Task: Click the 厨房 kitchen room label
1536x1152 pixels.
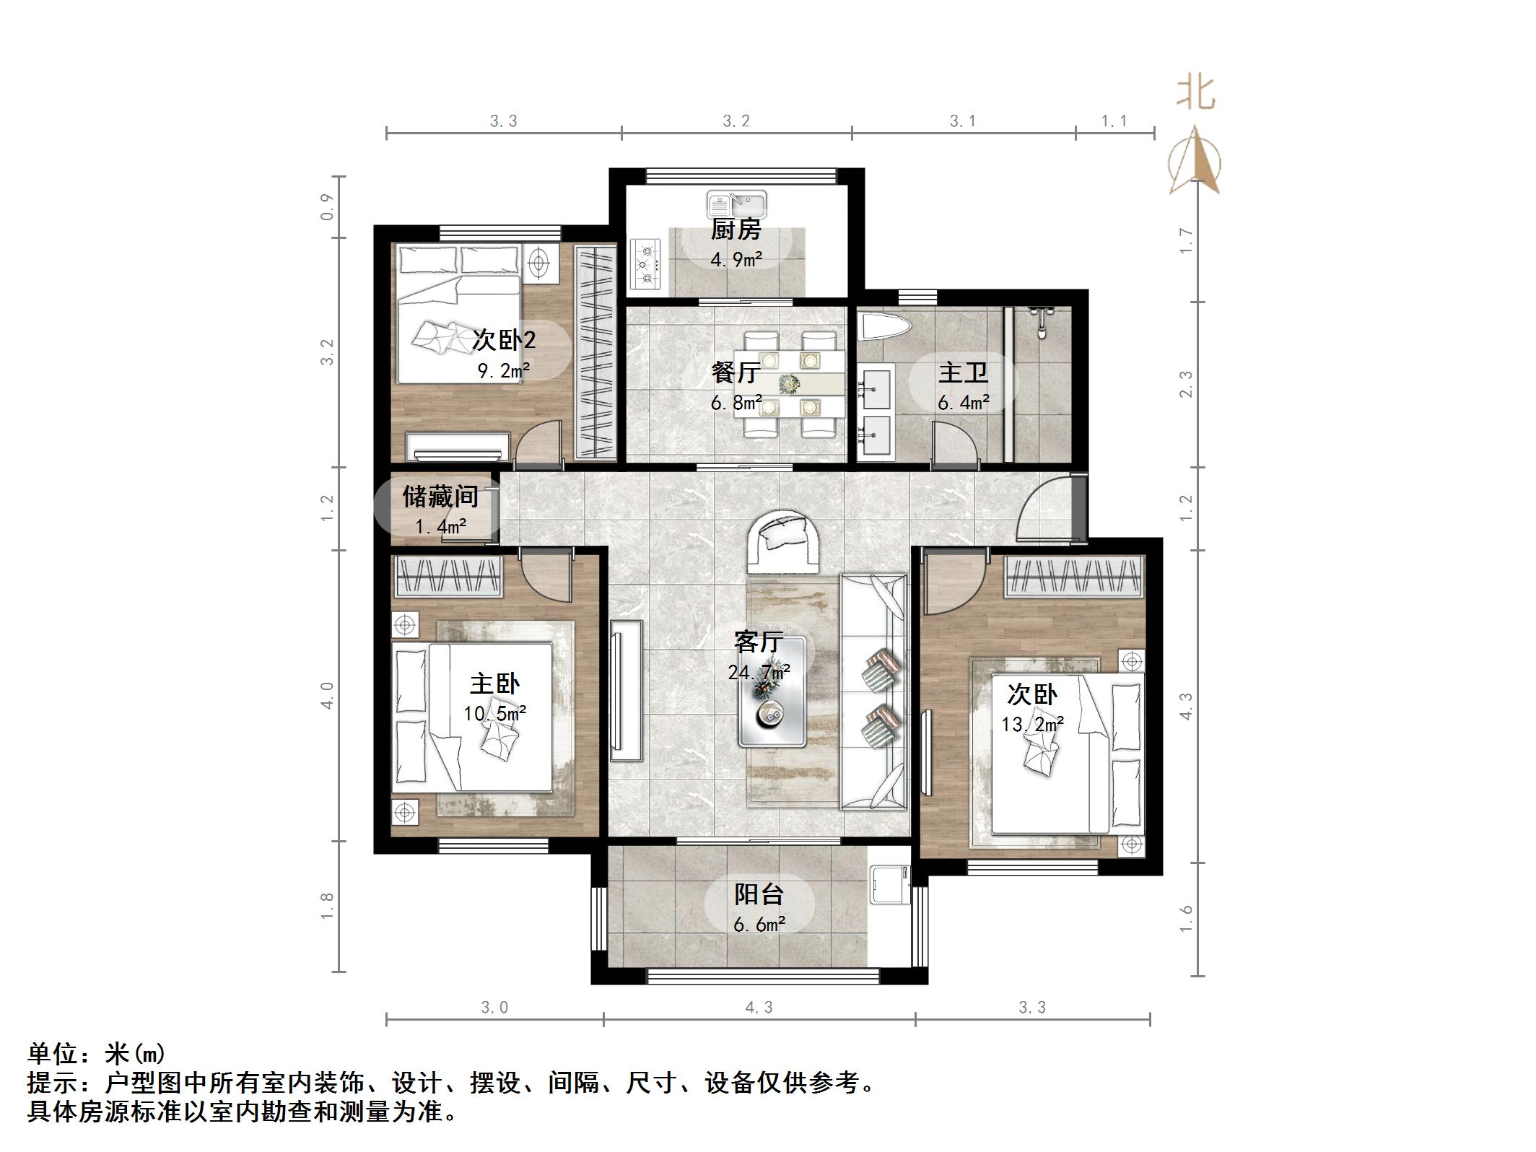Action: pos(736,230)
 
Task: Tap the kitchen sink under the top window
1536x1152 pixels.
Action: pos(736,204)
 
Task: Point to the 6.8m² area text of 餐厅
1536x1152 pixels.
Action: pos(736,403)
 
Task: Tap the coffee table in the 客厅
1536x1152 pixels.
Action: pos(772,702)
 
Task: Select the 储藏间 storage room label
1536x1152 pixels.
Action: pos(440,497)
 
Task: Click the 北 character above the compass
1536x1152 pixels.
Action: pos(1195,94)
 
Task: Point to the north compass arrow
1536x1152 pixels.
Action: pos(1195,162)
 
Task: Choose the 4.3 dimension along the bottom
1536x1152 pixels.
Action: pos(759,1008)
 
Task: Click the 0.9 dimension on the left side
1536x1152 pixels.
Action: pos(327,206)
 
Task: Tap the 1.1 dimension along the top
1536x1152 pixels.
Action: pos(1114,121)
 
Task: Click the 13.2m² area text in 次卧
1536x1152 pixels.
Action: pos(1032,724)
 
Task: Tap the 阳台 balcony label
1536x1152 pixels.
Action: pos(759,895)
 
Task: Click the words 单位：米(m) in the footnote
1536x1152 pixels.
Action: pos(97,1055)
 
